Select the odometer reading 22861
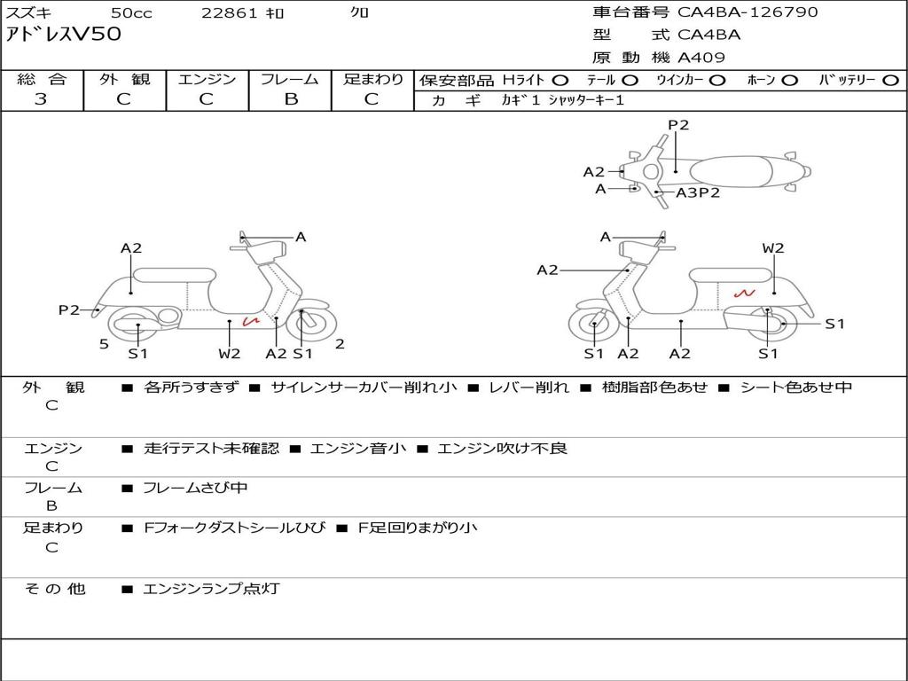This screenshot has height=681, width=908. tap(230, 13)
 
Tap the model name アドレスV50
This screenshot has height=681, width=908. tap(64, 35)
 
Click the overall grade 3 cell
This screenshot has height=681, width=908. tap(41, 99)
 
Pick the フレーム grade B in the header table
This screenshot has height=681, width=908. tap(291, 99)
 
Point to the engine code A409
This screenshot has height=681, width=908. tap(701, 58)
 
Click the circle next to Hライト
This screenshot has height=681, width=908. tap(560, 80)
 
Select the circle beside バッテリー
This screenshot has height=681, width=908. tap(890, 80)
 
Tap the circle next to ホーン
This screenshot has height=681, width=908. tap(789, 80)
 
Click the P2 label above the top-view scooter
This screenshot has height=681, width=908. tap(678, 125)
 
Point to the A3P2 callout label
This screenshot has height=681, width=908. tap(698, 192)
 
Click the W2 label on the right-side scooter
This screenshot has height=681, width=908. tap(773, 248)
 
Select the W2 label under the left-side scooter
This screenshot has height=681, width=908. tap(230, 354)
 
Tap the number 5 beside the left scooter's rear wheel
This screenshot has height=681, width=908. tap(104, 344)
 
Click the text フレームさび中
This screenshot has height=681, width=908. tap(195, 488)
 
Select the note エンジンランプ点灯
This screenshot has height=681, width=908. tap(211, 588)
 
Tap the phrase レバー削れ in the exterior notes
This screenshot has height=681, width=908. tap(529, 387)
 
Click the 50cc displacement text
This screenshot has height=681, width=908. tap(130, 13)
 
